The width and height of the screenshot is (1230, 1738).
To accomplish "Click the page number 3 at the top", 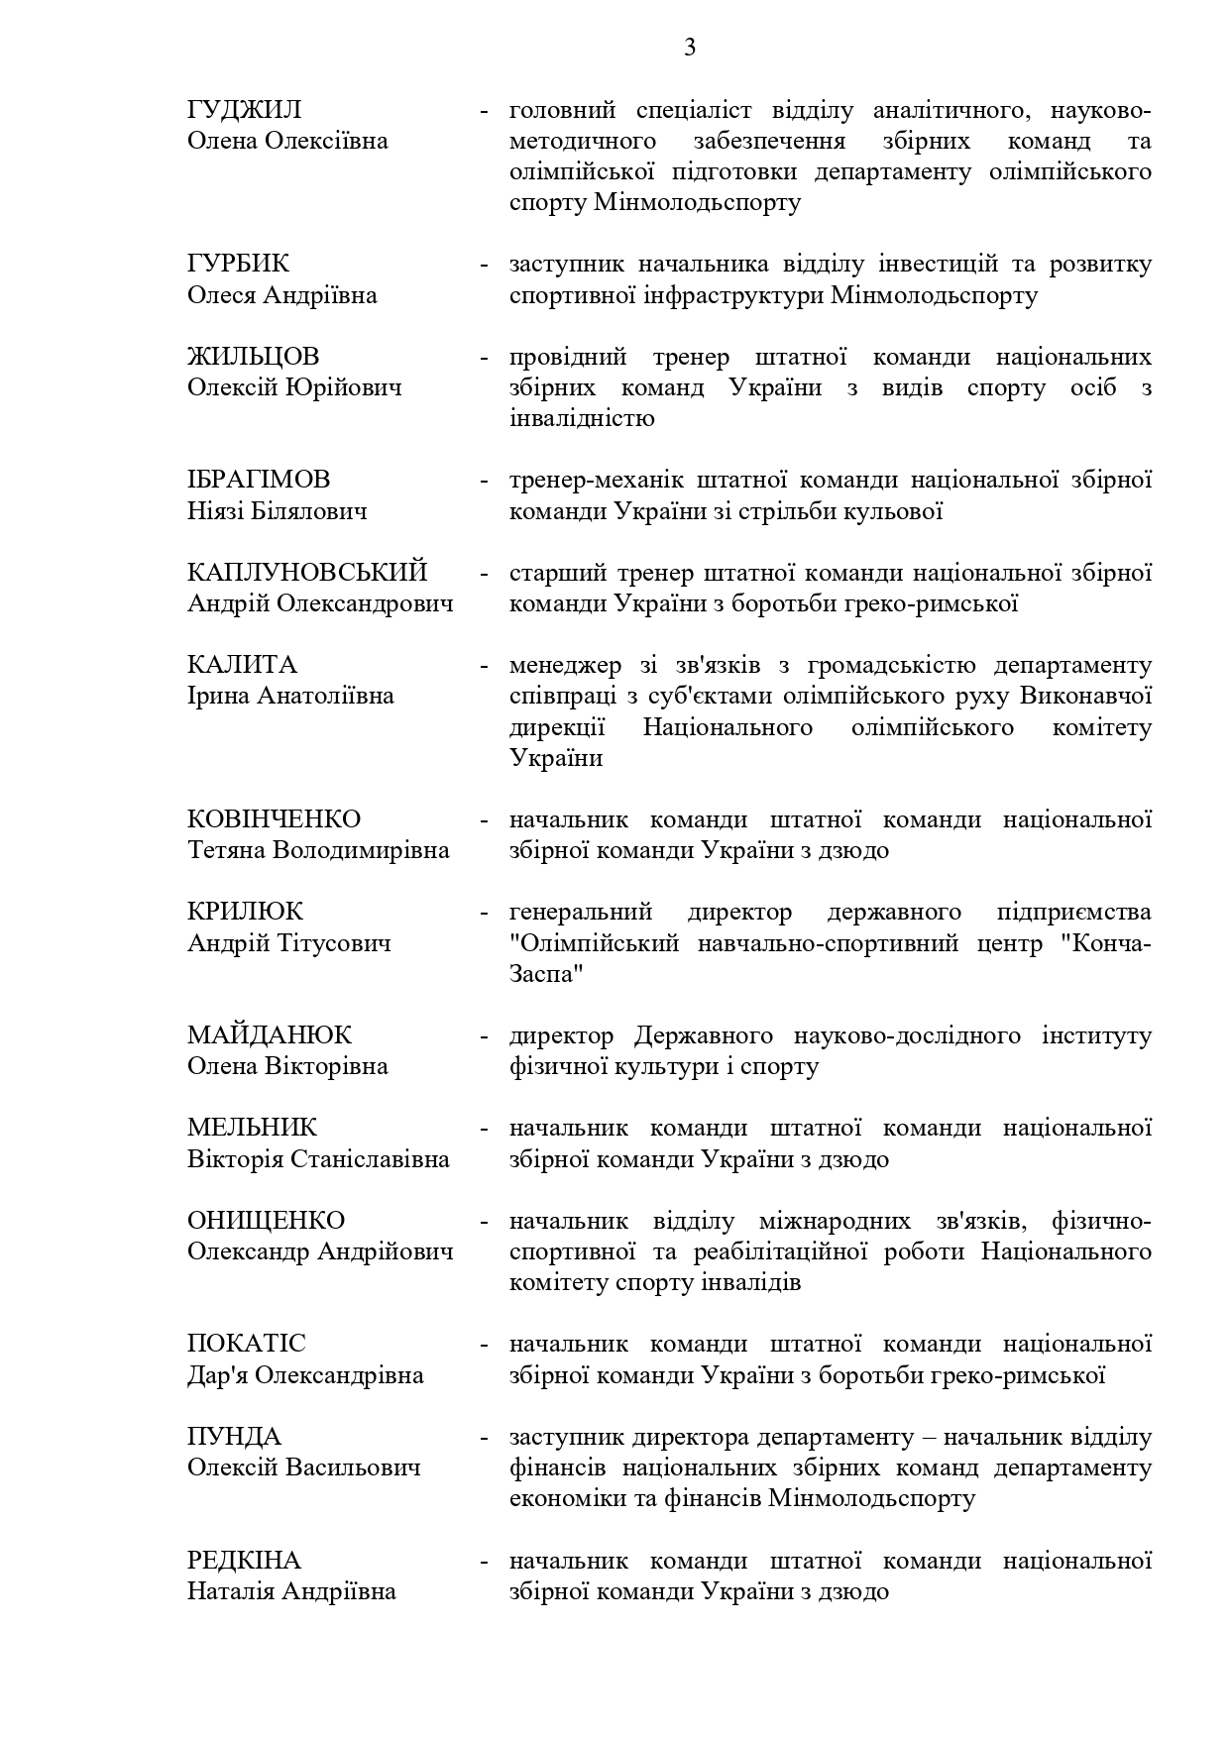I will point(690,48).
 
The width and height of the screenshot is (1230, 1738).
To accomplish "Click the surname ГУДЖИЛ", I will point(245,110).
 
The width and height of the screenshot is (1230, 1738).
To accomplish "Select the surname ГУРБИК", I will point(239,265).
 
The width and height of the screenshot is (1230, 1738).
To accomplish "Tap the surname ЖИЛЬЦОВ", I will point(254,357).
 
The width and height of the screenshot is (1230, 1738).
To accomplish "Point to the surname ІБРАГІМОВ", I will point(259,481).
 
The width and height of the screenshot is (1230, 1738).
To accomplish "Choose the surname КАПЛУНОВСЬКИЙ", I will point(307,573).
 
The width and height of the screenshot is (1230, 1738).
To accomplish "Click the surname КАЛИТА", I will point(242,665).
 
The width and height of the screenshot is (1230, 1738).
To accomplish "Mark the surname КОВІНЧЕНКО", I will point(275,819).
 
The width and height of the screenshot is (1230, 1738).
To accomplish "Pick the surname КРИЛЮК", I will point(246,912).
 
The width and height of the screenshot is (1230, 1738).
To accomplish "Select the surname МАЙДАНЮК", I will point(270,1035).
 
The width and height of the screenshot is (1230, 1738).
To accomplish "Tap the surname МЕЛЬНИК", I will point(253,1128).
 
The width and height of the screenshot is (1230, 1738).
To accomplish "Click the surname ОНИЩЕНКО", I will point(267,1221).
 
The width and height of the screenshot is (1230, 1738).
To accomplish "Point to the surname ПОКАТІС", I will point(247,1344).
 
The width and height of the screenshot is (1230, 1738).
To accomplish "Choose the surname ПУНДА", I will point(235,1437).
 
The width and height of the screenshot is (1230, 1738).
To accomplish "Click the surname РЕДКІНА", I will point(244,1561).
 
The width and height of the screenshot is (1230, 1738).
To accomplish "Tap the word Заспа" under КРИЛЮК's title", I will point(546,974).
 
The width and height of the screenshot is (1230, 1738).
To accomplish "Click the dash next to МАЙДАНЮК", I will point(485,1036).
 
